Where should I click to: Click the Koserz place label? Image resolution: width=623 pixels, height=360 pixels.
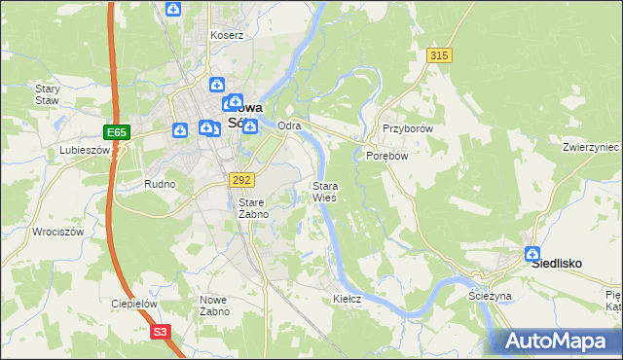(227, 35)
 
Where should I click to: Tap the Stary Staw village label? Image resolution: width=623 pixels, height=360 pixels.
(48, 94)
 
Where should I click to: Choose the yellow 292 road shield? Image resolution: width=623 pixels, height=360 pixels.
(242, 180)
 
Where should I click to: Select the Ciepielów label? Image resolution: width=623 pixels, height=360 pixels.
(134, 304)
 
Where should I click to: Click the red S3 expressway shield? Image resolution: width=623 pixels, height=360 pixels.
(162, 332)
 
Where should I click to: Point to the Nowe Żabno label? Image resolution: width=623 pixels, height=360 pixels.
(214, 306)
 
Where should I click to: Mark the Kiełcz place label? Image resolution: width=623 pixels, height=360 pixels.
(347, 299)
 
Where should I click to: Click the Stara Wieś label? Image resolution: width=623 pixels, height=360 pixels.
(324, 192)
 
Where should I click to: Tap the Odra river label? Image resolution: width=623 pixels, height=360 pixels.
(289, 126)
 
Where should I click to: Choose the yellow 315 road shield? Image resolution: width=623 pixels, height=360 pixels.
(439, 55)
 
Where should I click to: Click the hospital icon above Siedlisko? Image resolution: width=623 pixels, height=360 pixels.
(533, 255)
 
